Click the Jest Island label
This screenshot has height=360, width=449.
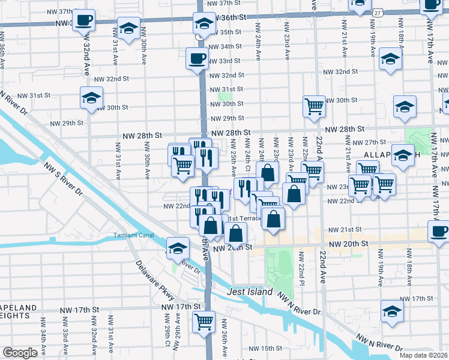251,292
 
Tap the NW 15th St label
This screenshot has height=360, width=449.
265,348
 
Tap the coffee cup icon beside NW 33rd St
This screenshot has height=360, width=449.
197,59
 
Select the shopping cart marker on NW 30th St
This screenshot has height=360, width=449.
314,106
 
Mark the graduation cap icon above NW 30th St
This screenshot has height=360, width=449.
92,97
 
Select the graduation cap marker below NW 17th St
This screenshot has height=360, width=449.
392,311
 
